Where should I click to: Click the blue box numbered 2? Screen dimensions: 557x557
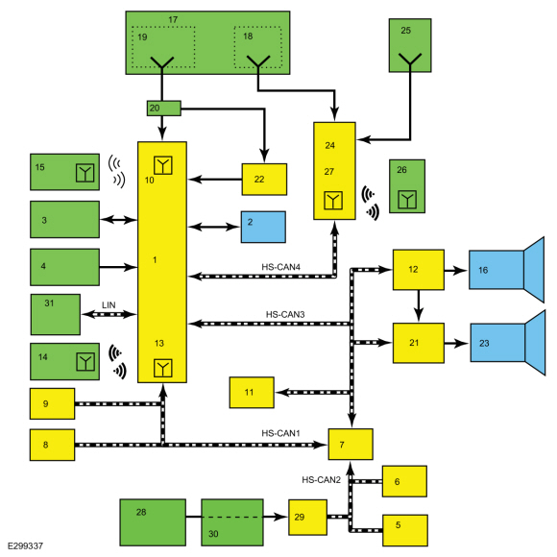[263, 227]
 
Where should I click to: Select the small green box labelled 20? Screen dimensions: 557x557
[164, 108]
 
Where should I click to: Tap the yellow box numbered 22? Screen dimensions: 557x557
[264, 180]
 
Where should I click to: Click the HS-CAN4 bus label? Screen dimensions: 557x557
[281, 267]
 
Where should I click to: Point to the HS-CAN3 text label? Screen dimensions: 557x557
[285, 314]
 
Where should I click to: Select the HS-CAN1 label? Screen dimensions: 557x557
[281, 433]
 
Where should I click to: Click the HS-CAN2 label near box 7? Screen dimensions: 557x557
[321, 480]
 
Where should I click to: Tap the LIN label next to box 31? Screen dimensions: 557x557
[109, 305]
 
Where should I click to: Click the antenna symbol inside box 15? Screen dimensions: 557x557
[85, 173]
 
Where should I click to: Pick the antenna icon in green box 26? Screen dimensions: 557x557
[407, 200]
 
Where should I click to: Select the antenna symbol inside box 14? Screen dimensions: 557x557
[85, 362]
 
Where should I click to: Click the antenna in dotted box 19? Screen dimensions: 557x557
[162, 62]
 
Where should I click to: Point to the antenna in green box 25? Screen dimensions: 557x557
[410, 60]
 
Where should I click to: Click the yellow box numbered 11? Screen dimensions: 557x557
[252, 393]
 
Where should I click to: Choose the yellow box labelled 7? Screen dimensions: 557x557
[351, 445]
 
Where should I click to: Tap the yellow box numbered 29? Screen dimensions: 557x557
[307, 518]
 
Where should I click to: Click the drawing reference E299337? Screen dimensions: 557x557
[25, 545]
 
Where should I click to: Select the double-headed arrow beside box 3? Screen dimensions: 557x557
[118, 220]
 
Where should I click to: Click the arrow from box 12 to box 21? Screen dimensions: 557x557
[419, 305]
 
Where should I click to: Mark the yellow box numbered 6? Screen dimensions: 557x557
[404, 481]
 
